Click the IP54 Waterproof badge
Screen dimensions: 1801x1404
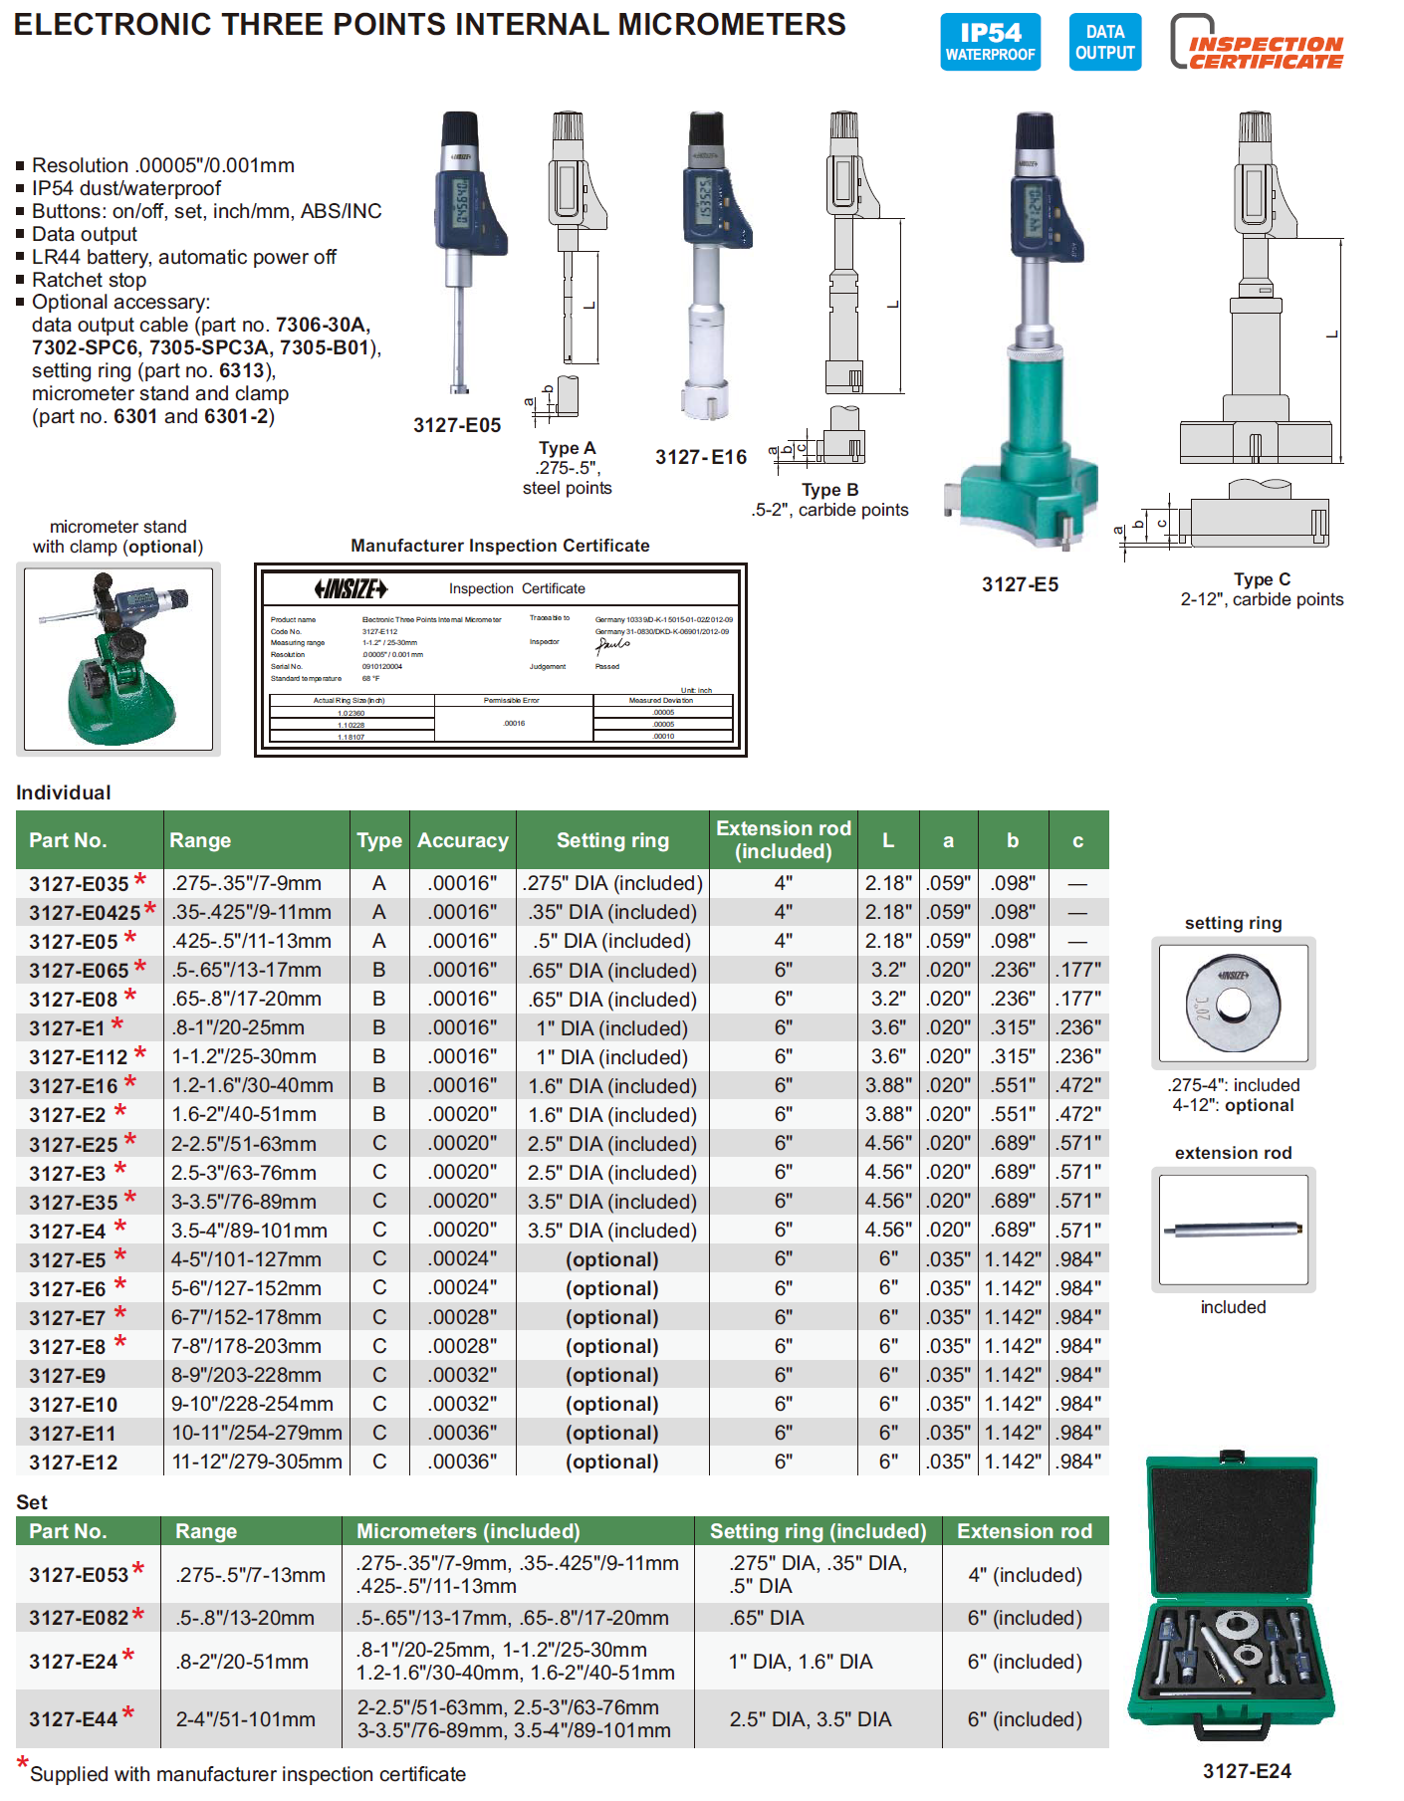(990, 42)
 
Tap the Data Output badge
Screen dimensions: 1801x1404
(1104, 42)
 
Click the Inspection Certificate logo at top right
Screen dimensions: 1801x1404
(1258, 44)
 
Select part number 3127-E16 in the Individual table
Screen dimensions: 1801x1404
(74, 1086)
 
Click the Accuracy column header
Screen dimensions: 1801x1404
(462, 840)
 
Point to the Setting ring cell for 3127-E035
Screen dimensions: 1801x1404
(612, 883)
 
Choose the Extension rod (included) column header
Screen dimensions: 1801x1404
(783, 839)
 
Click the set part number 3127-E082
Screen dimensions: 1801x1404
(79, 1618)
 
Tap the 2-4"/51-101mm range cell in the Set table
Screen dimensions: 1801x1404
(245, 1719)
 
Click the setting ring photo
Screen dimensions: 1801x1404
(1233, 1003)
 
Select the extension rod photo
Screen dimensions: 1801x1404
(1233, 1230)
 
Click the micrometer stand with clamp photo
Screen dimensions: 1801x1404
(118, 658)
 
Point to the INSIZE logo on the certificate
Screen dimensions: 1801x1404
(351, 588)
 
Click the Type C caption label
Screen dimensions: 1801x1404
(1262, 579)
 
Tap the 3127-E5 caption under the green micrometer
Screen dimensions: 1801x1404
(1020, 584)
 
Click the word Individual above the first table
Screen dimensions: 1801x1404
(64, 792)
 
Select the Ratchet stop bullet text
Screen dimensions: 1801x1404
(89, 280)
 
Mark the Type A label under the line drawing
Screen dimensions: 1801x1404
(567, 448)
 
